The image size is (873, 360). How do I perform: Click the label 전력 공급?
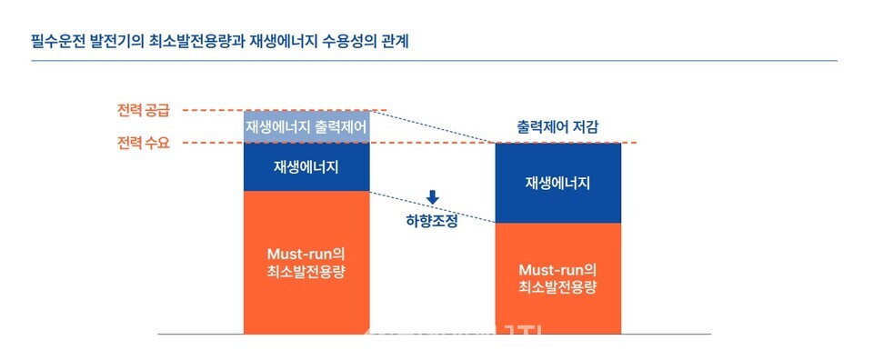pos(144,111)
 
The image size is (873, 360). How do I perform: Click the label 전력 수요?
pos(144,143)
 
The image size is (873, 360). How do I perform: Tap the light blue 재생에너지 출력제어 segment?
pos(306,126)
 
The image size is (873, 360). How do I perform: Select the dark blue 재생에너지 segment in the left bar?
pos(306,166)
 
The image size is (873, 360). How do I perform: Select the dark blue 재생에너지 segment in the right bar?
pos(557,183)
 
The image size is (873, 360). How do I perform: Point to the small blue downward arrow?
pos(432,196)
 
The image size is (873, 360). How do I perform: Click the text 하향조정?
pos(431,219)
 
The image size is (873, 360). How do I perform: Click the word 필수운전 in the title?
pos(60,41)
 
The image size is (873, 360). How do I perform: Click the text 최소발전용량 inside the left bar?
pos(306,271)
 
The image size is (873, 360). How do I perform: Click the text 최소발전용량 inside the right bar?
pos(557,288)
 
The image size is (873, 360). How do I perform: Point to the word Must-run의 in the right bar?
pos(557,270)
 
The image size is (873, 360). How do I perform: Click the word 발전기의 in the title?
pos(121,41)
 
